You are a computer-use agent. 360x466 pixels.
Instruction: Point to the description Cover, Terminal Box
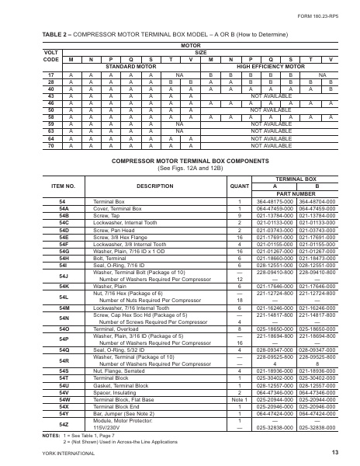(116, 207)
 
